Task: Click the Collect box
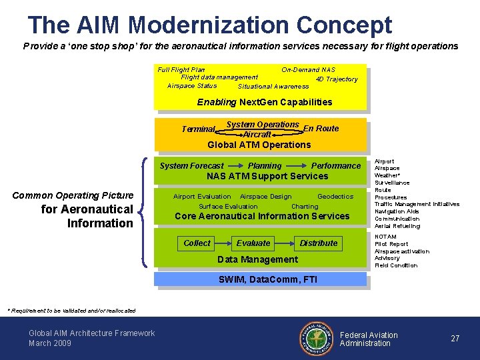click(x=197, y=243)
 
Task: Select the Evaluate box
click(x=253, y=243)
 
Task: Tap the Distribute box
click(x=318, y=243)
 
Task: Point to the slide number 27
click(x=455, y=339)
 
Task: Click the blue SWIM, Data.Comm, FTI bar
click(x=261, y=279)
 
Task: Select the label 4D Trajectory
click(x=337, y=79)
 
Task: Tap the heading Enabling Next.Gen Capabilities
click(x=265, y=102)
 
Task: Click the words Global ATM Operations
click(x=259, y=145)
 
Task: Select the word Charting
click(x=305, y=207)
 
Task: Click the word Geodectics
click(x=335, y=197)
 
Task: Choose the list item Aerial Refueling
click(x=397, y=226)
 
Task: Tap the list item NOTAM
click(x=385, y=237)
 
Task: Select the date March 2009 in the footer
click(x=50, y=343)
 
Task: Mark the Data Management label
click(x=258, y=259)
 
